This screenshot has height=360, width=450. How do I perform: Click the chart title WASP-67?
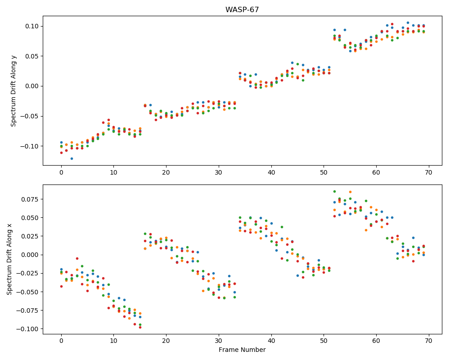pyautogui.click(x=242, y=10)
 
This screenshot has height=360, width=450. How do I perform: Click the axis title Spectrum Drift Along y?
pyautogui.click(x=13, y=91)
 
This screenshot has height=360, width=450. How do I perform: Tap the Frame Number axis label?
pyautogui.click(x=242, y=350)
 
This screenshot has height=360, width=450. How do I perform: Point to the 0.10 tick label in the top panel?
pyautogui.click(x=32, y=26)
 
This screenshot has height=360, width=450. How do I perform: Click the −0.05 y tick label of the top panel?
pyautogui.click(x=30, y=116)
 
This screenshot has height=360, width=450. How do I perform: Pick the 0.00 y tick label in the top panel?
pyautogui.click(x=32, y=86)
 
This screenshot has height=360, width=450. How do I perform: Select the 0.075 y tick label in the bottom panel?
pyautogui.click(x=31, y=199)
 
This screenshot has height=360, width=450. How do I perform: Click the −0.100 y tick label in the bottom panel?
pyautogui.click(x=28, y=329)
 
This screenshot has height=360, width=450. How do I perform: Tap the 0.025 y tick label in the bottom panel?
pyautogui.click(x=31, y=236)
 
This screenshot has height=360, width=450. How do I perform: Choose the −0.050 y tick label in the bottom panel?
pyautogui.click(x=28, y=292)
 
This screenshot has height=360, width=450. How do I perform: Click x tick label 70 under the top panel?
pyautogui.click(x=428, y=172)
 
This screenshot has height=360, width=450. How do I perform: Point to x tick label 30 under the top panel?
pyautogui.click(x=219, y=172)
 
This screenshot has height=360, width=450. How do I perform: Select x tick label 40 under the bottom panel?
pyautogui.click(x=271, y=341)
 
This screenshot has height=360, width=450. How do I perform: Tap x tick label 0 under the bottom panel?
pyautogui.click(x=61, y=341)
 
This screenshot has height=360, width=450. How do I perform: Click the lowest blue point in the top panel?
pyautogui.click(x=72, y=158)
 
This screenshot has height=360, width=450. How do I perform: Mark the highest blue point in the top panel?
pyautogui.click(x=408, y=22)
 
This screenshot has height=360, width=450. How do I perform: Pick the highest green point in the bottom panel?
pyautogui.click(x=334, y=192)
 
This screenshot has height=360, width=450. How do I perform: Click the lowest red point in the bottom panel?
pyautogui.click(x=140, y=327)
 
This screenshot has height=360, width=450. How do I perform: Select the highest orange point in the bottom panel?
pyautogui.click(x=350, y=192)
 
